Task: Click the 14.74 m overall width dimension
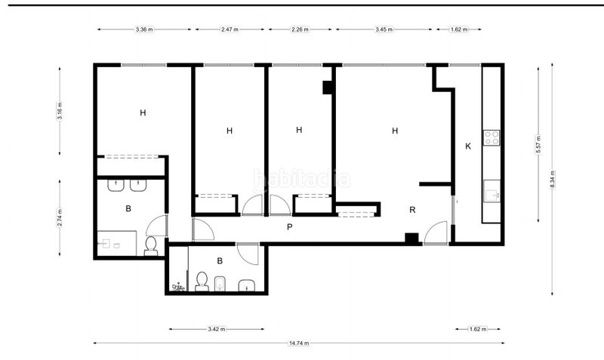click(x=299, y=343)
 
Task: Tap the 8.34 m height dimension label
click(x=553, y=180)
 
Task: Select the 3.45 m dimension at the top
click(x=384, y=29)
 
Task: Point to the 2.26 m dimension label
click(x=300, y=29)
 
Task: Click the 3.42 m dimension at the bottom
click(x=217, y=329)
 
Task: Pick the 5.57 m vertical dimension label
click(x=538, y=144)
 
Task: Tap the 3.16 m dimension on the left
click(x=60, y=111)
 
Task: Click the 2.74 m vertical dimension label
click(x=60, y=218)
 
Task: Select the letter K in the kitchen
click(x=468, y=146)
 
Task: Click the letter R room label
click(x=412, y=210)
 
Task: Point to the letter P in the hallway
click(x=290, y=227)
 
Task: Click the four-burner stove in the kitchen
click(x=492, y=138)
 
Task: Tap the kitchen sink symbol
click(x=492, y=191)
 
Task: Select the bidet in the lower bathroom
click(x=220, y=283)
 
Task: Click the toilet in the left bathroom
click(x=150, y=246)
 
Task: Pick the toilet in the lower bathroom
click(x=202, y=282)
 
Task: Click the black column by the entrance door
click(x=411, y=238)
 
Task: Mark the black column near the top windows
click(x=328, y=88)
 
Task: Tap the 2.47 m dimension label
click(x=230, y=29)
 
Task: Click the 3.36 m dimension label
click(x=144, y=29)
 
